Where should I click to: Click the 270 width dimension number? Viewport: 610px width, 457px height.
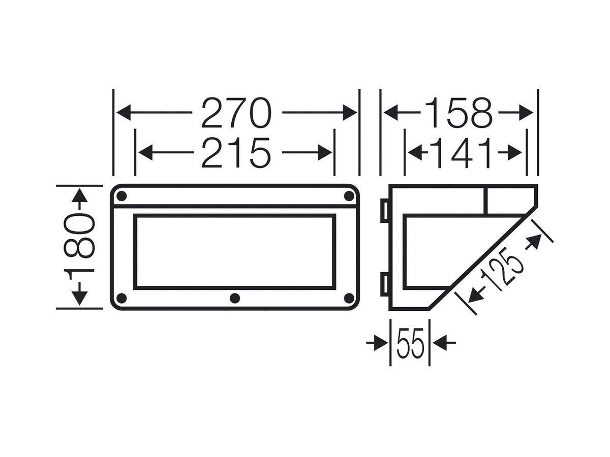236,113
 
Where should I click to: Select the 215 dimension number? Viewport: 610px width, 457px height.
236,153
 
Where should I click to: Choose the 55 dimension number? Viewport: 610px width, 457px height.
410,343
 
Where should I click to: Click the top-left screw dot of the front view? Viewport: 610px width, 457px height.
121,197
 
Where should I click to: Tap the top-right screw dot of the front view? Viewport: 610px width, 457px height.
349,197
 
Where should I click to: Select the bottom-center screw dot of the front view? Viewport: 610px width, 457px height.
235,298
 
